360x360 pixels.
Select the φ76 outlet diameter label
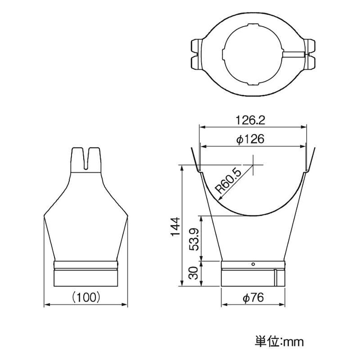click(x=253, y=298)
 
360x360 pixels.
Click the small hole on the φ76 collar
click(x=253, y=264)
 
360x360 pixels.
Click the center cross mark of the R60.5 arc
click(x=253, y=165)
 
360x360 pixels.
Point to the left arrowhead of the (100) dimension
click(x=46, y=304)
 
